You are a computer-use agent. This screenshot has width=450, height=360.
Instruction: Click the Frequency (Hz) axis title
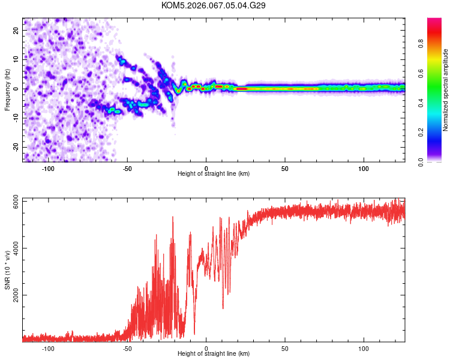[x=7, y=89]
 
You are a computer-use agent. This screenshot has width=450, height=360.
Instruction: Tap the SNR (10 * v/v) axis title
[x=7, y=269]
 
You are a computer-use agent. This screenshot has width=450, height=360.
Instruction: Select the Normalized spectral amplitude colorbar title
[x=445, y=89]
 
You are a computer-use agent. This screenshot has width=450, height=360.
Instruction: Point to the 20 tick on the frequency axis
[x=16, y=30]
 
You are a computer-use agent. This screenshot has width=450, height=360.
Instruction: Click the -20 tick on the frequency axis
[x=15, y=147]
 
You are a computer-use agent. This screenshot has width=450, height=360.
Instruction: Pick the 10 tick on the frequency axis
[x=16, y=59]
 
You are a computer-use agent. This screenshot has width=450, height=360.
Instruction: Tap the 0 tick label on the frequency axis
[x=18, y=88]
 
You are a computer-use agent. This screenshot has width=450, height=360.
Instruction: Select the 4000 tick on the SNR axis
[x=13, y=248]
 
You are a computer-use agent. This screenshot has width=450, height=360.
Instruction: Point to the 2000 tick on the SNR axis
[x=13, y=295]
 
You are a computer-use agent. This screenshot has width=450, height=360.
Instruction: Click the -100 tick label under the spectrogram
[x=48, y=169]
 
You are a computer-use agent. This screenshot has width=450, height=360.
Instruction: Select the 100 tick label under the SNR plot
[x=364, y=349]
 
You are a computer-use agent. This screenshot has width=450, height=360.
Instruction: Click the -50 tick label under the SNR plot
[x=127, y=349]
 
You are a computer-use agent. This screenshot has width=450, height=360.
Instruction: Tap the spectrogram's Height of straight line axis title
[x=214, y=174]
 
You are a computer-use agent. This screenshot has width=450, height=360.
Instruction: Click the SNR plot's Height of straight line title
[x=214, y=354]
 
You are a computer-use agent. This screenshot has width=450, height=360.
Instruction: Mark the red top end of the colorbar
[x=434, y=22]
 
